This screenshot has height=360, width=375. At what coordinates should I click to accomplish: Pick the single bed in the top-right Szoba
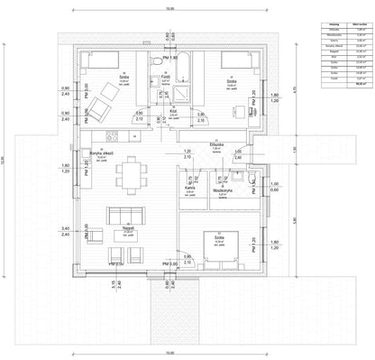point(232,60)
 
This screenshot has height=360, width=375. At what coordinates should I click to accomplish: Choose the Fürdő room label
point(165,78)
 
